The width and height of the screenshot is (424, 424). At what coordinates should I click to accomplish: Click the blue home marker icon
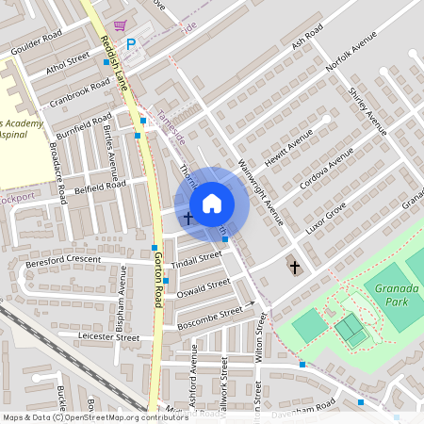[x=212, y=204]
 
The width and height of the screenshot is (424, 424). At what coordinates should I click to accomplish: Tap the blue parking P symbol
[x=131, y=42]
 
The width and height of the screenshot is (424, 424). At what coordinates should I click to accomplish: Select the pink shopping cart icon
[x=120, y=25]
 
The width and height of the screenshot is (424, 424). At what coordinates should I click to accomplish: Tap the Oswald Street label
[x=204, y=285]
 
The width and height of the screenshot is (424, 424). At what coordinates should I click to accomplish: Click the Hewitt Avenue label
[x=288, y=148]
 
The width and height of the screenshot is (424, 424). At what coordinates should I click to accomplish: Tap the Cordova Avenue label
[x=326, y=168]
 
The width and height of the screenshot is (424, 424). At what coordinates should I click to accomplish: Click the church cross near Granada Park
[x=294, y=268]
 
